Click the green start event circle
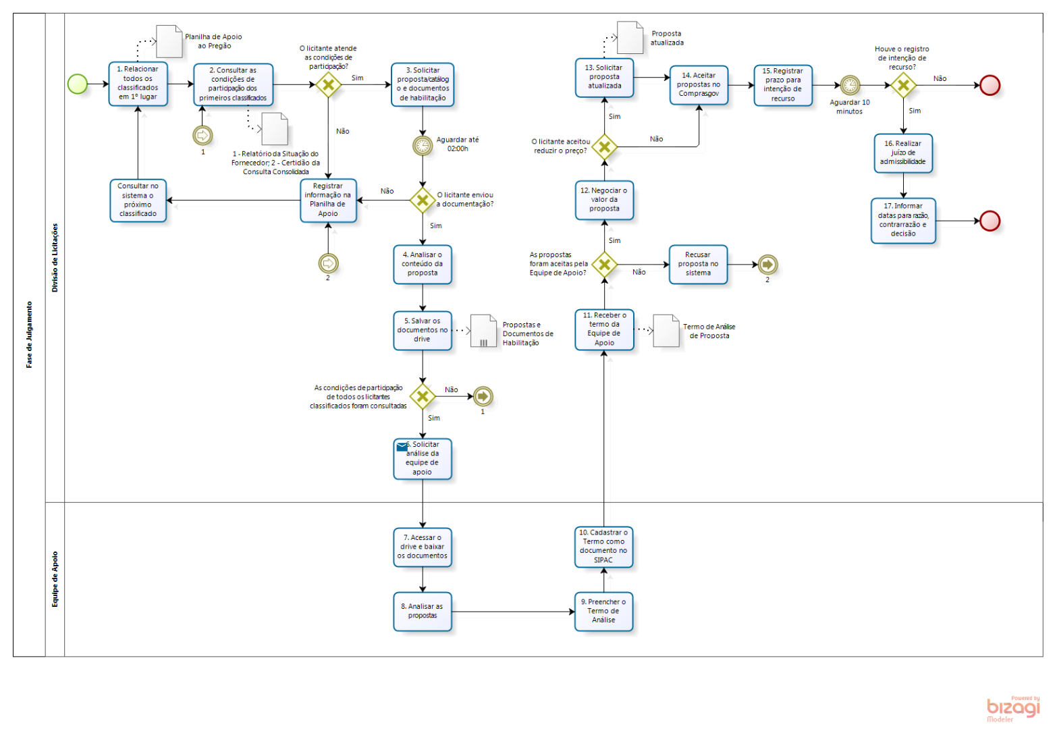[x=78, y=84]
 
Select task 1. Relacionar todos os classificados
[x=138, y=84]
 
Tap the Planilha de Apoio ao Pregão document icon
[x=169, y=41]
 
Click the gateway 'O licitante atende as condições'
[x=328, y=84]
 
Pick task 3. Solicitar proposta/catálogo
[x=423, y=84]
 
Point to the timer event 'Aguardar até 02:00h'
[x=423, y=145]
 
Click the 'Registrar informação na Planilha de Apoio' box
[x=328, y=200]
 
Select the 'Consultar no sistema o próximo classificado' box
[x=138, y=200]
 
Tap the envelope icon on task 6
[x=402, y=446]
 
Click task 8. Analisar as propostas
[x=423, y=612]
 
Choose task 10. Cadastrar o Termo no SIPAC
[x=603, y=547]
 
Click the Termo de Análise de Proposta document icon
[x=666, y=331]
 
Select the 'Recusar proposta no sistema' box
[x=698, y=264]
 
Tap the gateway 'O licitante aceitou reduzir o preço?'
[x=604, y=146]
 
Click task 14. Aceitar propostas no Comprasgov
[x=699, y=85]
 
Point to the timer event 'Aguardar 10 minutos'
[x=850, y=85]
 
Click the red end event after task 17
[x=990, y=221]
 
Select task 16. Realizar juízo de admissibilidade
[x=903, y=153]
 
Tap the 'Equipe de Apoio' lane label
[x=55, y=579]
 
